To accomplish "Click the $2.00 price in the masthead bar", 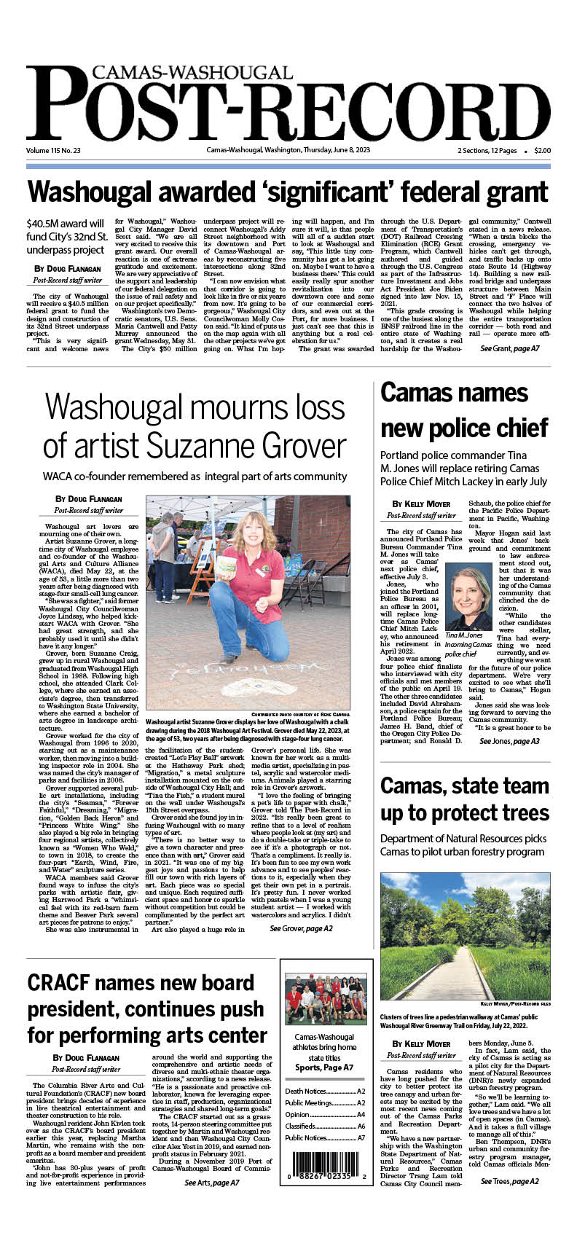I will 542,151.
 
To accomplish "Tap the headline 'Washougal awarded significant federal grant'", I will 288,192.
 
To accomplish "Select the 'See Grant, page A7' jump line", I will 509,349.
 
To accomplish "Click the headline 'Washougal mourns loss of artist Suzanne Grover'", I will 195,425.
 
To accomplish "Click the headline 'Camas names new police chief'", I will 464,410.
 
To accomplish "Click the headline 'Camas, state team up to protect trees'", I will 464,799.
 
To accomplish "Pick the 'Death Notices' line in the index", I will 325,1091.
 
